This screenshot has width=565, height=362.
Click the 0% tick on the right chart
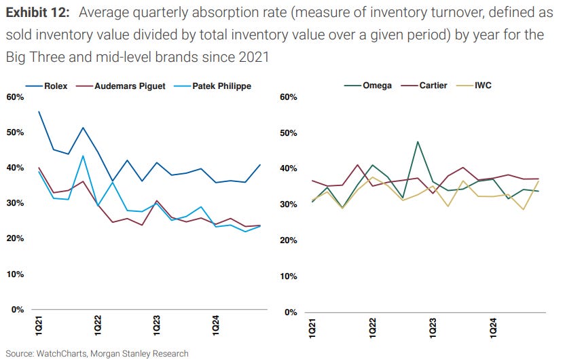click(x=291, y=312)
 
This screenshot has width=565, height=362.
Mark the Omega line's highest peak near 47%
click(x=418, y=142)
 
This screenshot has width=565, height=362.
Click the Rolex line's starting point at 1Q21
click(x=39, y=111)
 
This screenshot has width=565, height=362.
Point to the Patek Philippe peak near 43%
click(x=83, y=156)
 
